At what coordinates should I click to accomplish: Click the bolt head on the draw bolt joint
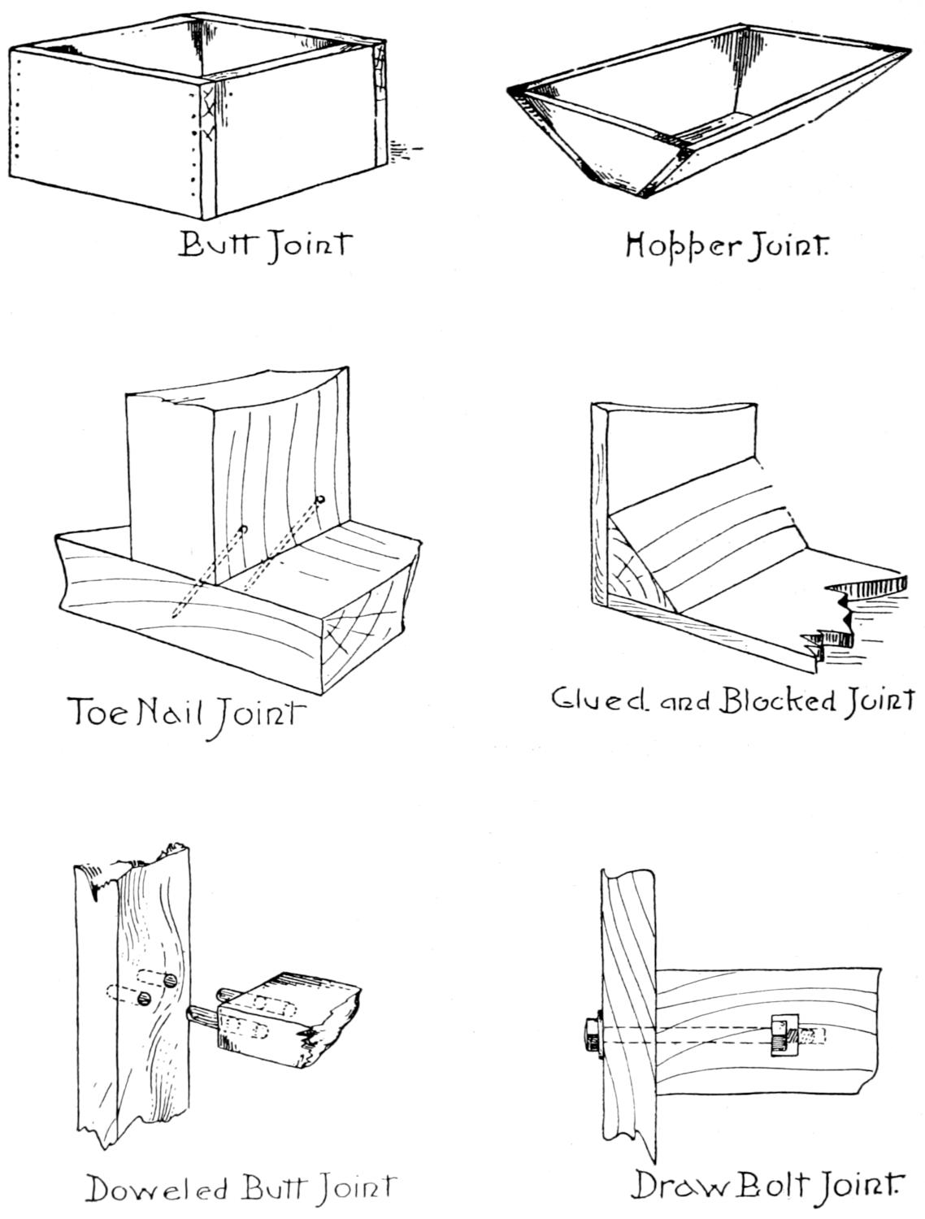point(589,1037)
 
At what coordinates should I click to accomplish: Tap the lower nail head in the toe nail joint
point(243,530)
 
